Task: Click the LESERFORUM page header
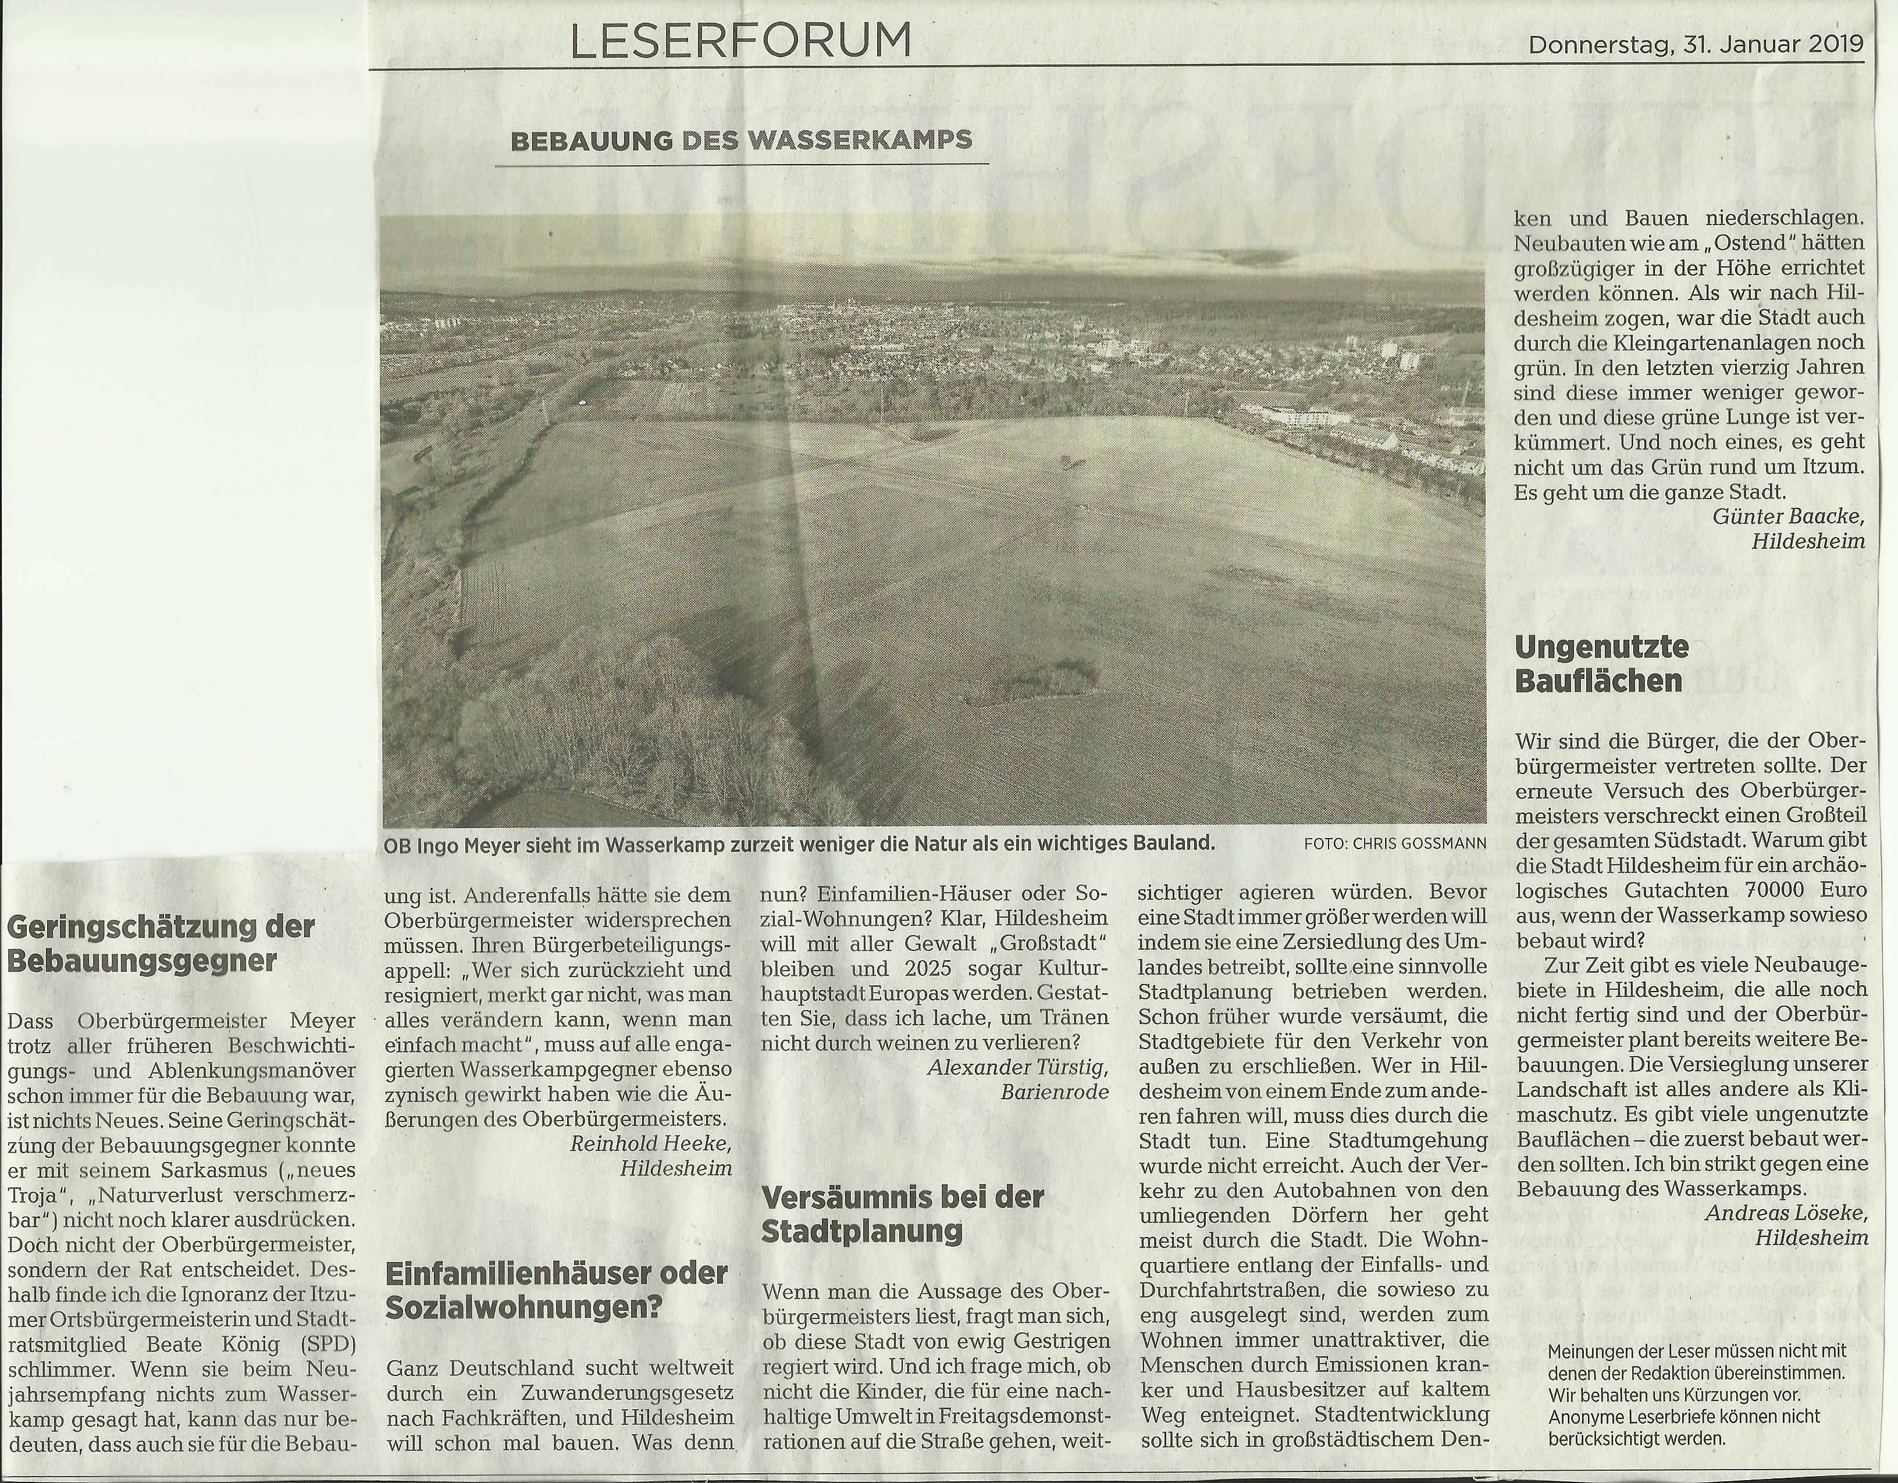(x=741, y=40)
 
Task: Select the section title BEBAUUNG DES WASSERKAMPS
(x=741, y=141)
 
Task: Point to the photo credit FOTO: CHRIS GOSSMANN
(x=1394, y=843)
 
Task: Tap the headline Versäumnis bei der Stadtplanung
(x=902, y=1214)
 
